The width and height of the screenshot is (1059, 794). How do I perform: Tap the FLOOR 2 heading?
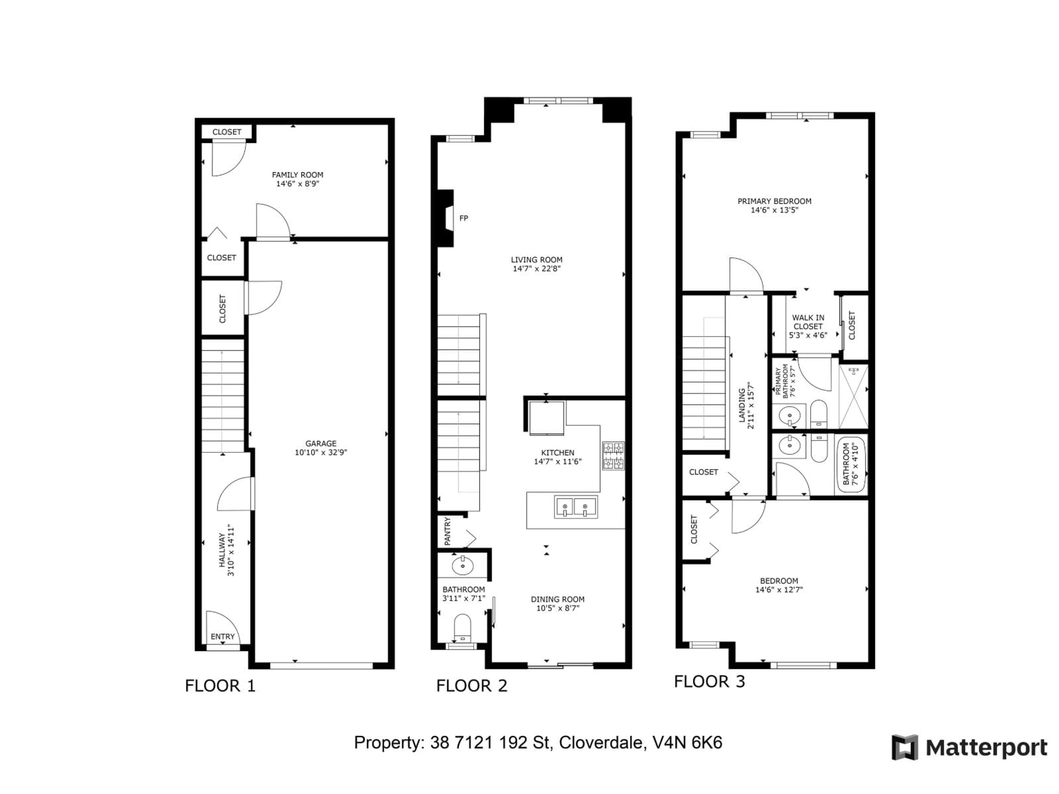472,686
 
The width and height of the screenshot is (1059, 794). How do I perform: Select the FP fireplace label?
463,218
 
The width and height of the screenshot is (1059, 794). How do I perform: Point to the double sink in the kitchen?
576,507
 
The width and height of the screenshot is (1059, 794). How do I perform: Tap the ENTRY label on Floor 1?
223,637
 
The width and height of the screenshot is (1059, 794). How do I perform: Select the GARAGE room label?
321,444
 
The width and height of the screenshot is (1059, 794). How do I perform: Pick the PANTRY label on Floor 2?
448,531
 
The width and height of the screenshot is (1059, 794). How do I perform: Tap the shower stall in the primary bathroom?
853,396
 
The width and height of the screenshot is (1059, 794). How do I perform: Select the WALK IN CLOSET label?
808,322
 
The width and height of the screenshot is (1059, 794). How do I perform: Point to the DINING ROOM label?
557,599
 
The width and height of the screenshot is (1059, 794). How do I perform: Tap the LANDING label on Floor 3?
742,405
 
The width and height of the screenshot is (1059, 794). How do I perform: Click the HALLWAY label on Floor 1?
222,550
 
